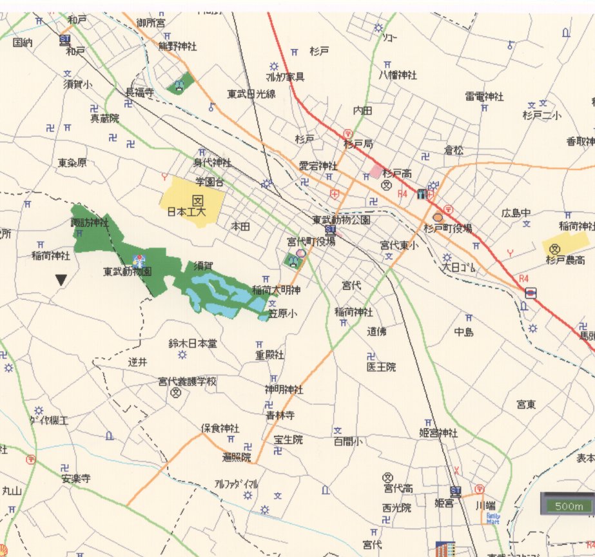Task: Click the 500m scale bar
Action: click(568, 505)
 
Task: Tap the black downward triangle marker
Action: click(61, 280)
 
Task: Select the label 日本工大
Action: click(186, 211)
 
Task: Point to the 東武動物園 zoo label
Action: click(128, 272)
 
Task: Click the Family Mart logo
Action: click(493, 518)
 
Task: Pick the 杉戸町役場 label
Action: click(448, 228)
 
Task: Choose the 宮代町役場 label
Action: click(311, 241)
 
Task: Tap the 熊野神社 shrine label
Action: click(177, 46)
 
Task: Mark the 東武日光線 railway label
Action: click(251, 94)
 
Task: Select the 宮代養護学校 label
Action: click(187, 381)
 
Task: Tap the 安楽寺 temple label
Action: click(76, 479)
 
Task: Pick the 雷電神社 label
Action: click(483, 96)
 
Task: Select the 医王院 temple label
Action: click(381, 367)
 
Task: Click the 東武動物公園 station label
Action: click(342, 220)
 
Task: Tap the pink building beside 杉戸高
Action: click(376, 171)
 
